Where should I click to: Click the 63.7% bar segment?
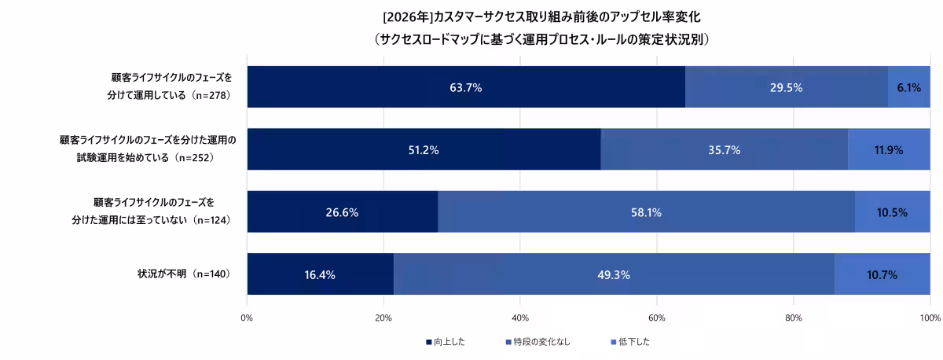(466, 87)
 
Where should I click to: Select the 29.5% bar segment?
(786, 87)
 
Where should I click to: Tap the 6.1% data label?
(908, 87)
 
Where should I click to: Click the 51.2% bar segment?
(424, 149)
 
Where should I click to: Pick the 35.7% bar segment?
(724, 149)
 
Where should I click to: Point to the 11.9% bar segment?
(889, 149)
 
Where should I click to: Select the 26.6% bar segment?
(342, 212)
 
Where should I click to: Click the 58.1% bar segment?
(646, 212)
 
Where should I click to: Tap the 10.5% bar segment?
(892, 212)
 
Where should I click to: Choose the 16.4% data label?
(320, 275)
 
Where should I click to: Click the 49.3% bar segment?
(613, 275)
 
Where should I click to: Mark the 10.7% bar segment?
(882, 275)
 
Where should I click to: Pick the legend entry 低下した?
(630, 342)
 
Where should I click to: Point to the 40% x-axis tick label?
(519, 318)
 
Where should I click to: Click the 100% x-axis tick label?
(930, 318)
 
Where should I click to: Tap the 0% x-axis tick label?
(247, 318)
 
